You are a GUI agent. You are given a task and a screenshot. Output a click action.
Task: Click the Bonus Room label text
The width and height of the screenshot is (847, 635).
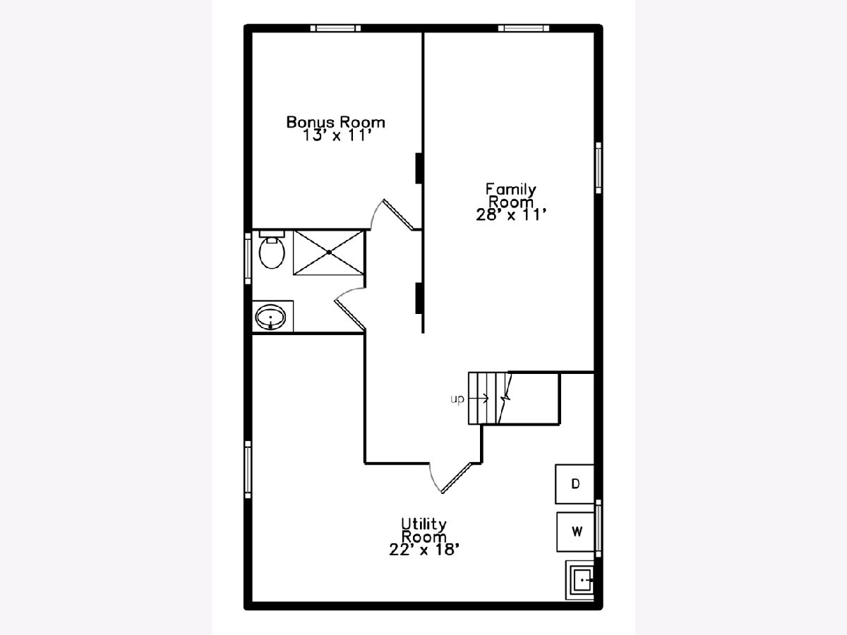click(336, 122)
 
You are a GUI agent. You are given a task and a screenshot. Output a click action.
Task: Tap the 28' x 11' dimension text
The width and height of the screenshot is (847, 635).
click(511, 214)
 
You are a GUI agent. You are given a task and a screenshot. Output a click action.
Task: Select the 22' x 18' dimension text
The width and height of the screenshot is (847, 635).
click(424, 550)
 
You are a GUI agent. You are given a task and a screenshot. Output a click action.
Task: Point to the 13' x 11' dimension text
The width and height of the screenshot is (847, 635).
click(337, 135)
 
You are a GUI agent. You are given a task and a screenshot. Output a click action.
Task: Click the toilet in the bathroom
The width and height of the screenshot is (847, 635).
click(272, 250)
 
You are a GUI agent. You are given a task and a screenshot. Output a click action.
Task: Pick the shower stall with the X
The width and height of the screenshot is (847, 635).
click(328, 253)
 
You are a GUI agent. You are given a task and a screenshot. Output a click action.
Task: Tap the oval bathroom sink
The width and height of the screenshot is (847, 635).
click(270, 317)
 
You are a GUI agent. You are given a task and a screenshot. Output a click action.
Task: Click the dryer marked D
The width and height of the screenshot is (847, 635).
click(575, 484)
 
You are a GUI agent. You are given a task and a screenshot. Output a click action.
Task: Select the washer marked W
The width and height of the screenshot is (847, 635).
click(575, 532)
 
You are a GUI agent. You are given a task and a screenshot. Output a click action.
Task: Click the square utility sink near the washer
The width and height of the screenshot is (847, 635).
click(579, 580)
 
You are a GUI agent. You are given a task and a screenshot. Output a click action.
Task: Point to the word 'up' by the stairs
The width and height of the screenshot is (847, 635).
click(457, 399)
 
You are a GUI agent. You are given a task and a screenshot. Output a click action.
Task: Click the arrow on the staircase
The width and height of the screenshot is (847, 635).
click(479, 398)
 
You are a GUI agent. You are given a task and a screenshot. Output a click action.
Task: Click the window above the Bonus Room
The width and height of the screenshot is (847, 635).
click(335, 28)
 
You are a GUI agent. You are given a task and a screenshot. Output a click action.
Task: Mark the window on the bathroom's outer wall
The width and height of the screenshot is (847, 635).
click(248, 258)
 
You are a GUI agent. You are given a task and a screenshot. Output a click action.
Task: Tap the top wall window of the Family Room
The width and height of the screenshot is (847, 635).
click(523, 28)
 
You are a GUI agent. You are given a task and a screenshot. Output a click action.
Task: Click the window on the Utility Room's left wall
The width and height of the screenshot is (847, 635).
click(248, 470)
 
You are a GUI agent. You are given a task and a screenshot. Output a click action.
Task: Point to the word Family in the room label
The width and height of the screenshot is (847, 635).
click(510, 189)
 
